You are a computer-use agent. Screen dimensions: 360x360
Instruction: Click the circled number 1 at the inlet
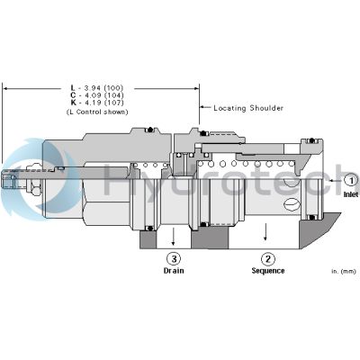pyautogui.click(x=350, y=180)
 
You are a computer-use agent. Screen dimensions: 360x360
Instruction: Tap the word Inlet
pyautogui.click(x=350, y=192)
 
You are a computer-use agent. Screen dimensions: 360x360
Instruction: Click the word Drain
pyautogui.click(x=173, y=270)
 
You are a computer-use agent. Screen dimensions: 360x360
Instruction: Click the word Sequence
pyautogui.click(x=267, y=270)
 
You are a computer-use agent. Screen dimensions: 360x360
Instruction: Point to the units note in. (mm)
pyautogui.click(x=343, y=270)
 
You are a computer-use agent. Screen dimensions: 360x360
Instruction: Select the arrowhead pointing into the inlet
pyautogui.click(x=326, y=180)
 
